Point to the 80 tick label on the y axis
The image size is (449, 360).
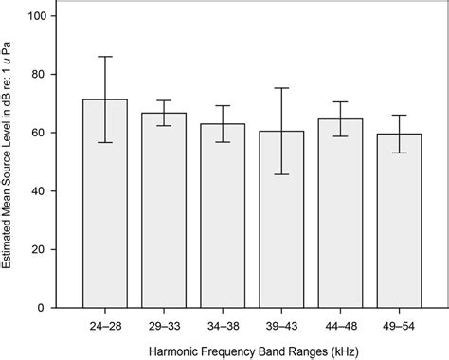click(x=38, y=75)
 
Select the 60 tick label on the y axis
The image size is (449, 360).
click(x=38, y=133)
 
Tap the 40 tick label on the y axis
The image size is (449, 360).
click(x=38, y=191)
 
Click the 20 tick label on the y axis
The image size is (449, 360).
click(x=38, y=250)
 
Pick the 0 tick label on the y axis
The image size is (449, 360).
click(x=42, y=308)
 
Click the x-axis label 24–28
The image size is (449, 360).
click(x=105, y=323)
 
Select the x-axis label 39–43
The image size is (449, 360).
click(x=281, y=323)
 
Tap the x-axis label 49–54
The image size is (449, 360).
click(x=399, y=323)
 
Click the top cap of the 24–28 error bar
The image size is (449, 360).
click(x=105, y=57)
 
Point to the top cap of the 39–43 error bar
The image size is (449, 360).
click(x=281, y=88)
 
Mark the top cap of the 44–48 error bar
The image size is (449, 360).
click(x=340, y=101)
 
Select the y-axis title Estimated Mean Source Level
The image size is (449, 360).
click(x=10, y=161)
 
